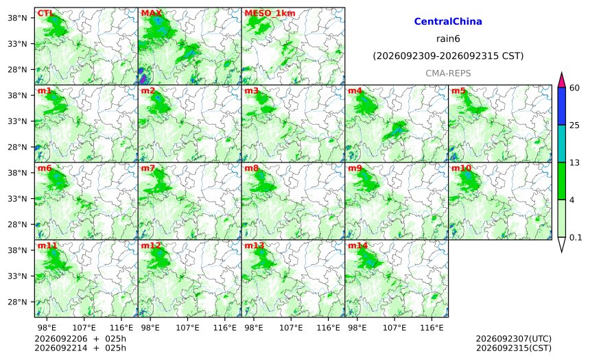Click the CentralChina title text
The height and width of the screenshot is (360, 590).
[x=448, y=21]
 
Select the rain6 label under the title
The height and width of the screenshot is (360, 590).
[x=448, y=39]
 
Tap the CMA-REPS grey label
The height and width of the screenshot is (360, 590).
[x=448, y=73]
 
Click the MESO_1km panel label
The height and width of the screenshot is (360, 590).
[x=270, y=13]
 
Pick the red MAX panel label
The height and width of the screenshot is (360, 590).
[x=151, y=13]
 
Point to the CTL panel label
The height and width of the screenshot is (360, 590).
[x=45, y=13]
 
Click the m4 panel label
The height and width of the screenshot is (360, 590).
[x=355, y=91]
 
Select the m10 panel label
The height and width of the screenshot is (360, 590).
[x=461, y=168]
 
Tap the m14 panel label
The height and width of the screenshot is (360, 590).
[x=358, y=245]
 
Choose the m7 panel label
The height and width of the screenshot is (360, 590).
[x=148, y=168]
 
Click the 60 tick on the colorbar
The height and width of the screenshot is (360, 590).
[x=575, y=88]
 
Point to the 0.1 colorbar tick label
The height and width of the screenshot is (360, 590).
[x=576, y=237]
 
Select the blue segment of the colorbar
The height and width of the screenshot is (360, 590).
[x=562, y=106]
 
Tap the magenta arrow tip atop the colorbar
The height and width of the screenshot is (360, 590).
[x=562, y=73]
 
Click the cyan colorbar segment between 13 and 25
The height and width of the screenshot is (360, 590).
[x=562, y=143]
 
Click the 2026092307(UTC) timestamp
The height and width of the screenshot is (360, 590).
[x=514, y=339]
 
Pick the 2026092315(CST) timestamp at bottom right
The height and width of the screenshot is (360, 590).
[x=514, y=348]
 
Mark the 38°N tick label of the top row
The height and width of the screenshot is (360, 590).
[x=17, y=18]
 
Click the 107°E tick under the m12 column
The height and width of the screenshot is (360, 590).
[x=187, y=328]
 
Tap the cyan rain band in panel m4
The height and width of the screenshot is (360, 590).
[x=397, y=130]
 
